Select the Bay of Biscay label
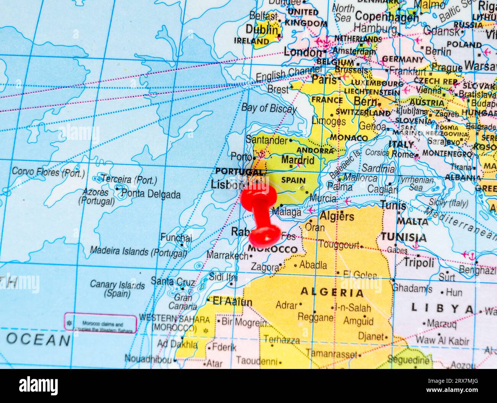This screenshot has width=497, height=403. (269, 108)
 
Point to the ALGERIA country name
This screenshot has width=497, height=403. (332, 292)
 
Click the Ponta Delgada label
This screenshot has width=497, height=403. (151, 194)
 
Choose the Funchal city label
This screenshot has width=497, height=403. (176, 237)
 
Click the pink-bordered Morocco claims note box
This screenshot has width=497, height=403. (100, 323)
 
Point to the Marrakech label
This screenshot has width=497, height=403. (227, 255)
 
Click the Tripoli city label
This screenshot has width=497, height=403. (419, 263)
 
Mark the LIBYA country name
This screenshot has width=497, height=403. (442, 308)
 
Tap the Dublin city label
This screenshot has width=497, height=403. (261, 29)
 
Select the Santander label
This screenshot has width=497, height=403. (266, 140)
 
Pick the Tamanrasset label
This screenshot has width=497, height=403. (331, 354)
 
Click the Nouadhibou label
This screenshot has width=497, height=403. (148, 359)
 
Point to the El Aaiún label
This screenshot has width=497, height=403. (232, 302)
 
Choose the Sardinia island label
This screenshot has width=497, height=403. (378, 168)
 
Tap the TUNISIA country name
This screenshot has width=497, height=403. (403, 237)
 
